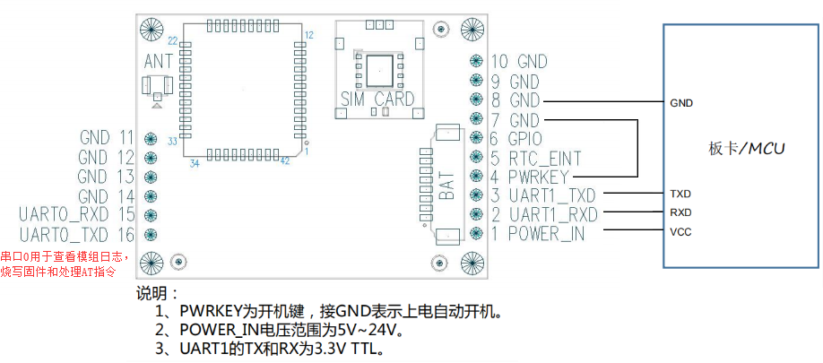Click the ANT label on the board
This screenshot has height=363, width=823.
click(x=158, y=62)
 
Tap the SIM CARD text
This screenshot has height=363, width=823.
click(x=377, y=99)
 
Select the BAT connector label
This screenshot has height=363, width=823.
click(x=446, y=183)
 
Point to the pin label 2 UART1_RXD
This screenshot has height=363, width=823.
click(x=542, y=214)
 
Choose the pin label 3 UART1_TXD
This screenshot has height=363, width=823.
click(x=542, y=195)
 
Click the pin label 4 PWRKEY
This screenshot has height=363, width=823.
click(x=533, y=176)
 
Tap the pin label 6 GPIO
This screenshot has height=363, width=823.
click(x=518, y=138)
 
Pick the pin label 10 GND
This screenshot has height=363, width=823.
click(x=518, y=62)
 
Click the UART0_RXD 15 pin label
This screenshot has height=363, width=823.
click(x=76, y=214)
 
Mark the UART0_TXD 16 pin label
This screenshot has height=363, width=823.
click(x=76, y=234)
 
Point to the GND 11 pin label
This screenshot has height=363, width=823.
click(x=106, y=138)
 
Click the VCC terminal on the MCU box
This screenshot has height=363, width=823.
click(x=680, y=232)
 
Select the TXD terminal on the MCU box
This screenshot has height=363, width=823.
click(x=680, y=194)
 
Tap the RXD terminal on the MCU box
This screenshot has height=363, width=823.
click(x=680, y=213)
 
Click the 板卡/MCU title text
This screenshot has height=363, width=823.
click(x=746, y=149)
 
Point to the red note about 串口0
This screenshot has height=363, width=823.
click(x=64, y=264)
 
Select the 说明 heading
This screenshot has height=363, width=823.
click(x=157, y=294)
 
